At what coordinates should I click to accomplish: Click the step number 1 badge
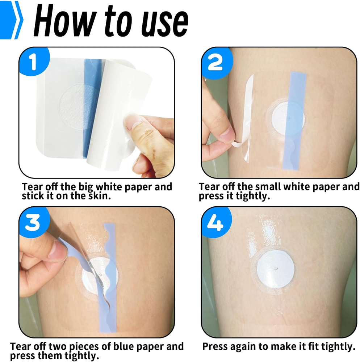coord(34,62)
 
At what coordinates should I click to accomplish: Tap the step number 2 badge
coord(216,62)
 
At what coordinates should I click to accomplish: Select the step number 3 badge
coord(34,222)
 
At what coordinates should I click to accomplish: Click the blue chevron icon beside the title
coord(12,20)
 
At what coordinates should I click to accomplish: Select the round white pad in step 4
coord(276,269)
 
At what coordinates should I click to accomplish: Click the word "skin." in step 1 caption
coord(99,196)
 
